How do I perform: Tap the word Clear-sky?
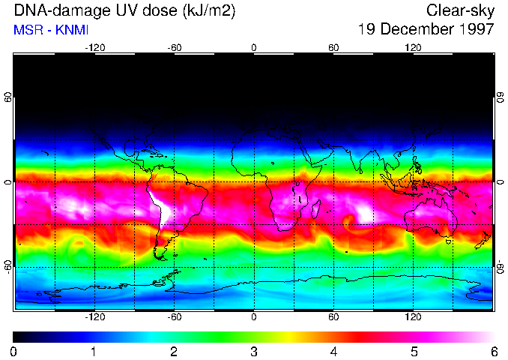(x=460, y=11)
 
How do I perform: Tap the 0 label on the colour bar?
(x=13, y=351)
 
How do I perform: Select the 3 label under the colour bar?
(x=254, y=351)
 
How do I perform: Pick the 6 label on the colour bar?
(x=494, y=351)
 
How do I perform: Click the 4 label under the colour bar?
(x=334, y=351)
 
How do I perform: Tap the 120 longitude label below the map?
(x=414, y=318)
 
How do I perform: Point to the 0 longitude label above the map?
(x=254, y=47)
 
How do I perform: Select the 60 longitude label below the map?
(x=334, y=318)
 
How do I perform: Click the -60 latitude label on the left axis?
(x=8, y=266)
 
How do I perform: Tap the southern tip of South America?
(x=162, y=257)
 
